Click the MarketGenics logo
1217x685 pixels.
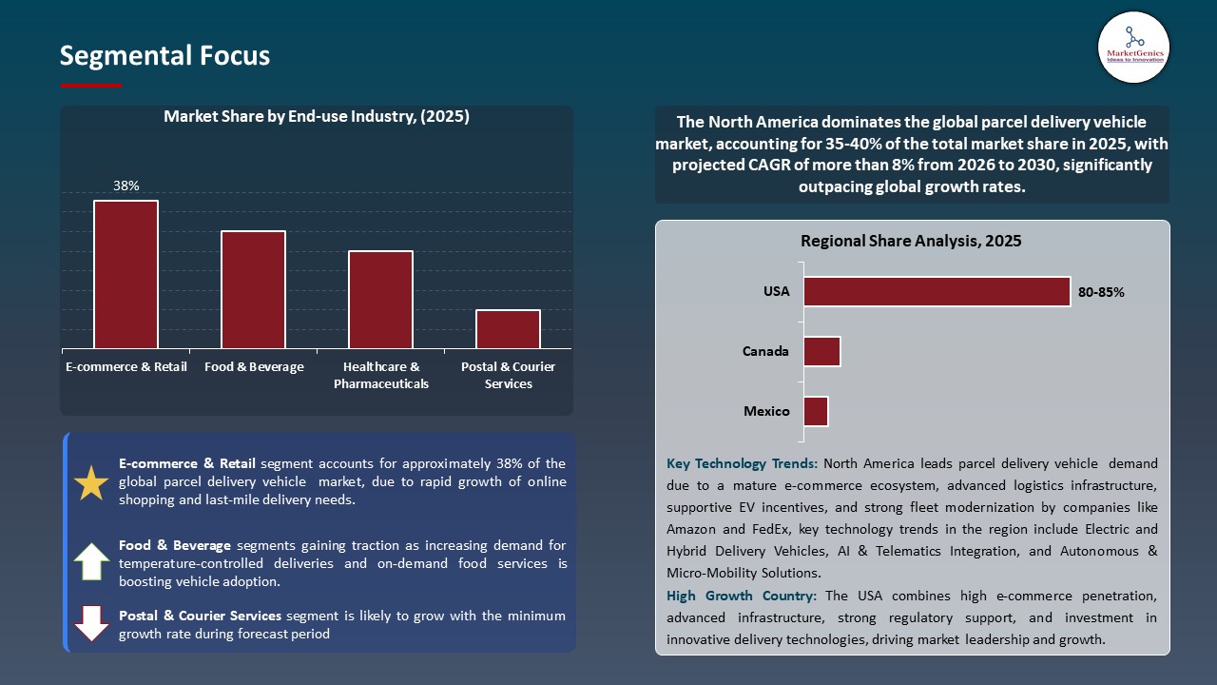coord(1133,47)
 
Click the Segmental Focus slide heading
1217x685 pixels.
coord(164,56)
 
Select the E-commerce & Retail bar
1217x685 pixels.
coord(126,274)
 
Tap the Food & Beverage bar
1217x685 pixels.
coord(253,289)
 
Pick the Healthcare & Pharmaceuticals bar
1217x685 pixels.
coord(380,300)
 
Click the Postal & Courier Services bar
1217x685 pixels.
coord(508,329)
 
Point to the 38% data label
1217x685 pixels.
coord(126,186)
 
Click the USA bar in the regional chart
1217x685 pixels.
coord(937,292)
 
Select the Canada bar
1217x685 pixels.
coord(821,351)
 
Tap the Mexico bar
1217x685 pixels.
coord(816,412)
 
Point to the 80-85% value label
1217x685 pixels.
coord(1101,292)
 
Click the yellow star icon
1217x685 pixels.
coord(92,483)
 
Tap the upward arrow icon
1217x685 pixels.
coord(92,561)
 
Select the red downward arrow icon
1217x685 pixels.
coord(92,623)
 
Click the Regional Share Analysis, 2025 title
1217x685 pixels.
coord(911,242)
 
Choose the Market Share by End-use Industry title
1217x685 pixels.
coord(317,117)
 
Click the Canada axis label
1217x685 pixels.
coord(765,351)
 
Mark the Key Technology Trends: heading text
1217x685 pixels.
coord(742,464)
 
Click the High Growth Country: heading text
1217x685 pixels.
coord(742,596)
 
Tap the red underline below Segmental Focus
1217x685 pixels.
coord(91,86)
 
